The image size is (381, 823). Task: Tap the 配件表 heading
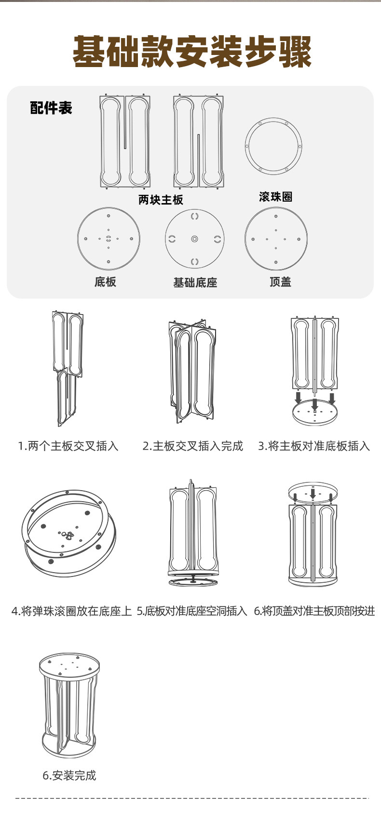pos(51,108)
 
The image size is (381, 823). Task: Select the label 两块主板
pos(161,200)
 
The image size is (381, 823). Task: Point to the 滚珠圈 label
pos(275,196)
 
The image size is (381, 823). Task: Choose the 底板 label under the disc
pos(105,282)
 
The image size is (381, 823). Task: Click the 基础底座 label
pos(195,283)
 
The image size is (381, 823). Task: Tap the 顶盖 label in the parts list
pos(280,282)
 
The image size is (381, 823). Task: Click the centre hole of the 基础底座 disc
pos(194,239)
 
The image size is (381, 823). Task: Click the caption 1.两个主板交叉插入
pos(68,446)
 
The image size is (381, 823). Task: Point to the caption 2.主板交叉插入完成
pos(192,446)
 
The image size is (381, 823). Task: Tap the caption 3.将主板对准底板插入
pos(314,446)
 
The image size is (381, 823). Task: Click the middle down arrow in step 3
pos(314,404)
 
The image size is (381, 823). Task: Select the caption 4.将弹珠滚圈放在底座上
pos(71,611)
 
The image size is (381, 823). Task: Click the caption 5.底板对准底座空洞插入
pos(192,611)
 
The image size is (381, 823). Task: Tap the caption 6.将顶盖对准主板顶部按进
pos(314,611)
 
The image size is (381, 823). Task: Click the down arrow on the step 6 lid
pos(313,494)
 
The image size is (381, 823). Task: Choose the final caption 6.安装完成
pos(69,776)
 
